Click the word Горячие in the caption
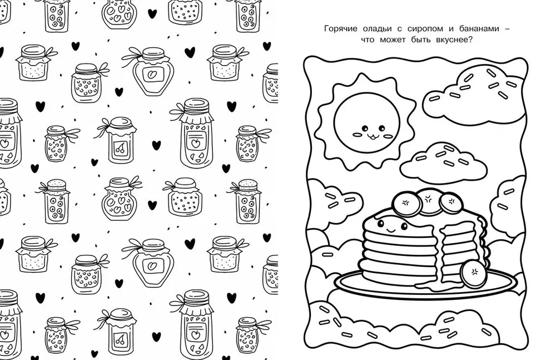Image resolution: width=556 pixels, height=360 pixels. (x=340, y=29)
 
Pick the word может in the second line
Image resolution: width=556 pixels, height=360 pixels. (x=393, y=40)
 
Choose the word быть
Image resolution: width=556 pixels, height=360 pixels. (x=421, y=40)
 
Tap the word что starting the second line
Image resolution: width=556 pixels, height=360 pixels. (x=368, y=40)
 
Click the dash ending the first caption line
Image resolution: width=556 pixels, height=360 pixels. (x=507, y=29)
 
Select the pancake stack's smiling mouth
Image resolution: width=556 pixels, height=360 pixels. (x=391, y=230)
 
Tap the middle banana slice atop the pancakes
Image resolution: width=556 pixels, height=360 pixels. (x=429, y=201)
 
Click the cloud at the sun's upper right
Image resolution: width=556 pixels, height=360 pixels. (x=471, y=93)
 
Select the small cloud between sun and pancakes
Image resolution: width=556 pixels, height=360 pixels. (x=443, y=162)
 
